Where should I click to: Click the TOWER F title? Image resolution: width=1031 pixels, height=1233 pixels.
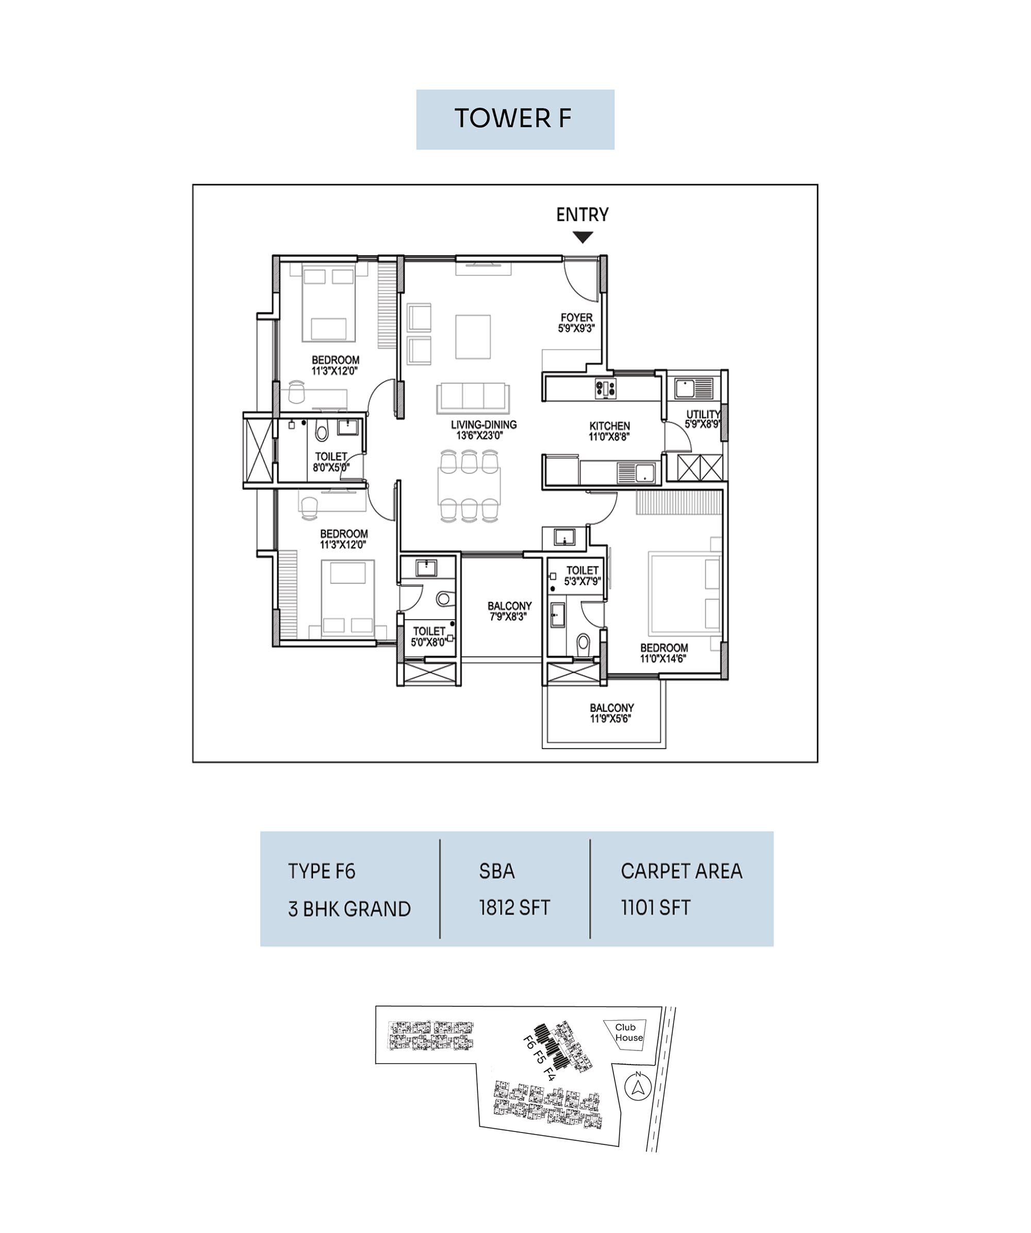coord(512,118)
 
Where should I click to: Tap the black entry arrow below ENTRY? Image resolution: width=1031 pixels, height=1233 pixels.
coord(583,237)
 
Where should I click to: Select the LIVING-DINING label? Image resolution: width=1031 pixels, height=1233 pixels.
coord(484,425)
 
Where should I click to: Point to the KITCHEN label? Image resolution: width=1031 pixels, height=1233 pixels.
coord(609,426)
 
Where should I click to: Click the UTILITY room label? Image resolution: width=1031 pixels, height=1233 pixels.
coord(703,414)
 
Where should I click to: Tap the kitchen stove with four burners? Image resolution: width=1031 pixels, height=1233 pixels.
coord(606,387)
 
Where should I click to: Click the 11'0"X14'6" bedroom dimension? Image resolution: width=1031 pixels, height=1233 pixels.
coord(663,659)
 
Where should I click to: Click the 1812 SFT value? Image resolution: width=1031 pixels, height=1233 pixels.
coord(514,908)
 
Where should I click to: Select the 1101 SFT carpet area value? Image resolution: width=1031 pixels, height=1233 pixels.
coord(655,908)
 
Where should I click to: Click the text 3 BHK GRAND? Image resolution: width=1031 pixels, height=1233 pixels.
coord(350,909)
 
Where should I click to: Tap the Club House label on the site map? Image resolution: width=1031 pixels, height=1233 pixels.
coord(629,1032)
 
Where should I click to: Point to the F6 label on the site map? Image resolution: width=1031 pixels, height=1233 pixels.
coord(529,1042)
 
